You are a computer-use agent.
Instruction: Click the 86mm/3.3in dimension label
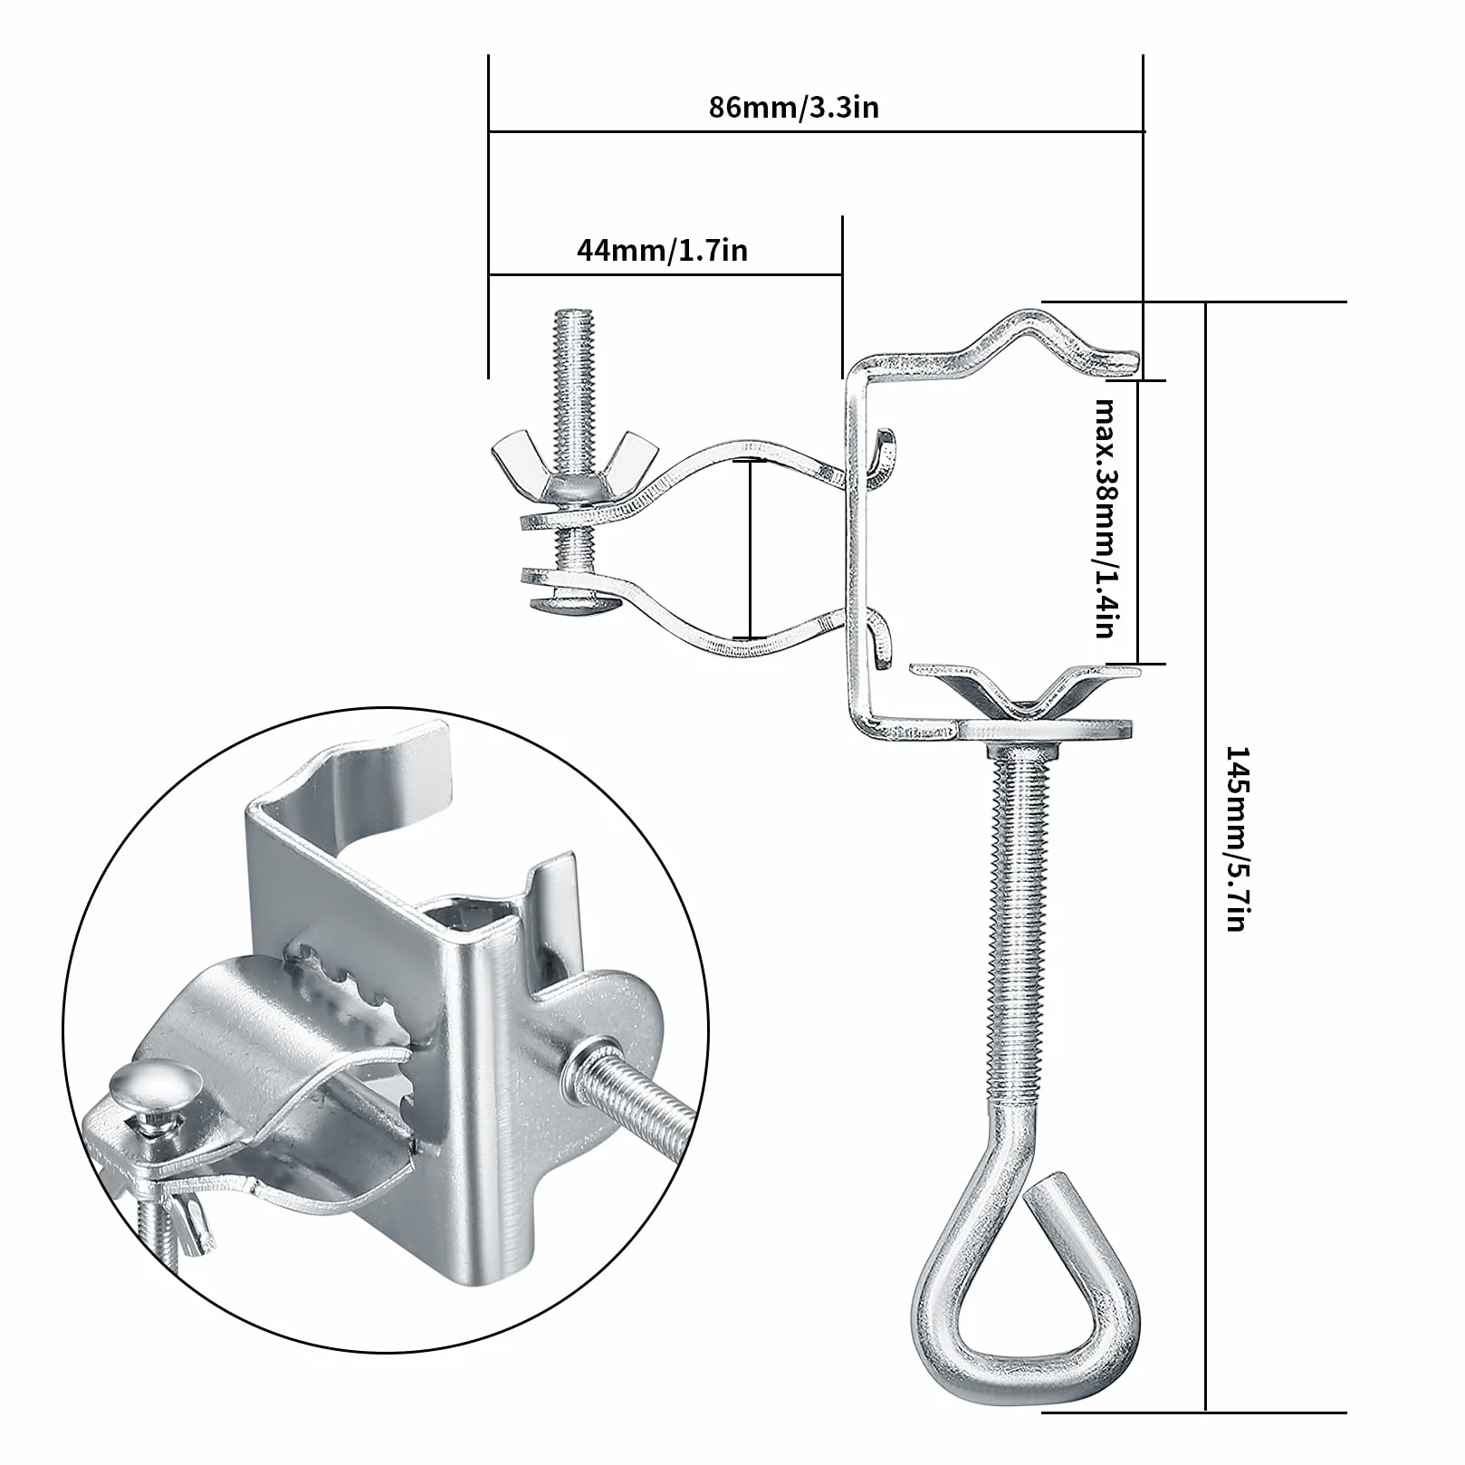pos(793,108)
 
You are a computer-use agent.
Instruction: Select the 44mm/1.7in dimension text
pos(663,250)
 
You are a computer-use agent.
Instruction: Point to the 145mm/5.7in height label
pos(1236,838)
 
